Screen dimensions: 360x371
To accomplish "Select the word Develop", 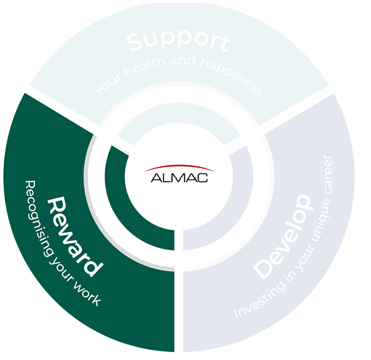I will pos(284,236).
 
